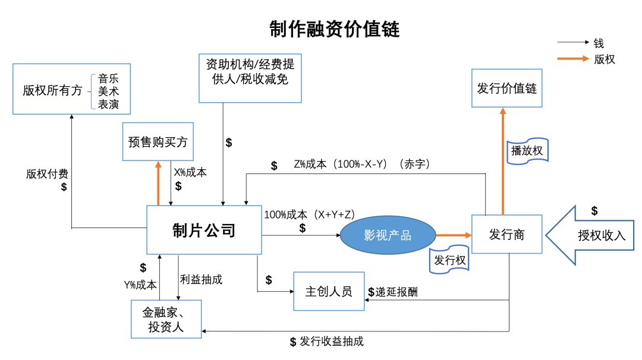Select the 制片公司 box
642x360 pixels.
coord(204,230)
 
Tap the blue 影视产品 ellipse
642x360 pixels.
coord(388,235)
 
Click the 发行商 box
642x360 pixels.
coord(506,235)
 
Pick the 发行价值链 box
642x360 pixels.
coord(506,88)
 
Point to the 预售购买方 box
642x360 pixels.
coord(158,142)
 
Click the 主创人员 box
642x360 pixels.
coord(329,291)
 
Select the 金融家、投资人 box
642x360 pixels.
coord(166,319)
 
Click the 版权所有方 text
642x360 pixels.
coord(52,90)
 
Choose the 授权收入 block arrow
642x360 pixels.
coord(591,234)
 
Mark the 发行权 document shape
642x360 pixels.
coord(449,260)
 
